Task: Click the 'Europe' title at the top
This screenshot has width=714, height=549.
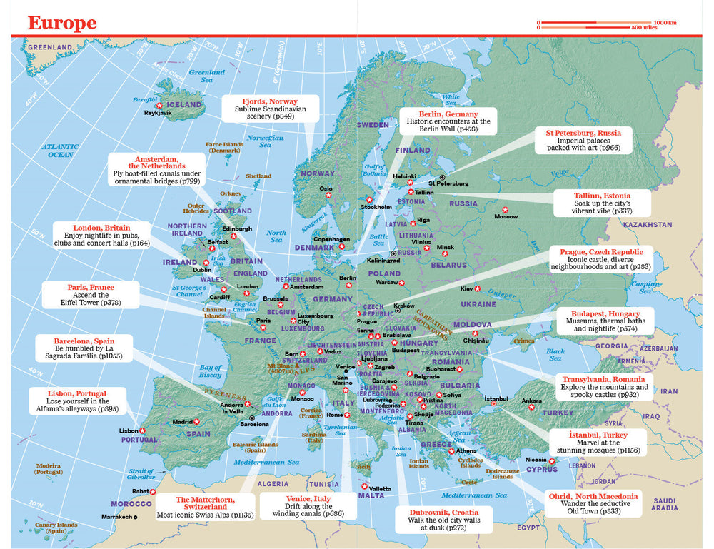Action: pyautogui.click(x=62, y=23)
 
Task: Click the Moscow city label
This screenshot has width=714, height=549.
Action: pyautogui.click(x=506, y=216)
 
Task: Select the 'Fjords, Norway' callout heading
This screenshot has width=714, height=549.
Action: pyautogui.click(x=270, y=101)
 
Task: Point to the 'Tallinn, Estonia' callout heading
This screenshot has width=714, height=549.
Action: pyautogui.click(x=602, y=195)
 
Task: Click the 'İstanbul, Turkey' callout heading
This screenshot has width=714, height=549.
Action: pyautogui.click(x=597, y=434)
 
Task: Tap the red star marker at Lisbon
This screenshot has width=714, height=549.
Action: pyautogui.click(x=143, y=430)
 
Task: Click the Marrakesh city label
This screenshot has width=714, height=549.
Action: pyautogui.click(x=116, y=517)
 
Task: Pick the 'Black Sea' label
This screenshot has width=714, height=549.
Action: pyautogui.click(x=555, y=354)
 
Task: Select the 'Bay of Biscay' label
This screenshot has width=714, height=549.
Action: pyautogui.click(x=210, y=371)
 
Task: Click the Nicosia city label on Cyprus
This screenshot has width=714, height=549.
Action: pyautogui.click(x=536, y=460)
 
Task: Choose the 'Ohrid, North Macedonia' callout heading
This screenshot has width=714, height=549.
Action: pyautogui.click(x=593, y=495)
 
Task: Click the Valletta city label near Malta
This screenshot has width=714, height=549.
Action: pyautogui.click(x=381, y=488)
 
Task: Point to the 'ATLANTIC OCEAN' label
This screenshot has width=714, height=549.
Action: pyautogui.click(x=59, y=150)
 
